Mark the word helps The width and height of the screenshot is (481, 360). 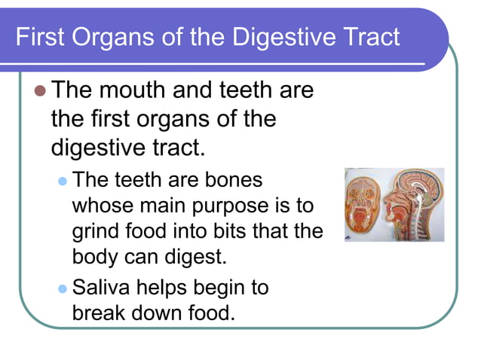tap(167, 287)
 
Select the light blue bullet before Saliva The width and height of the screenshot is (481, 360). tap(63, 288)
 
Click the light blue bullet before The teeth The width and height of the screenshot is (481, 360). tap(63, 182)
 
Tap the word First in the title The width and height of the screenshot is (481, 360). tap(41, 36)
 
